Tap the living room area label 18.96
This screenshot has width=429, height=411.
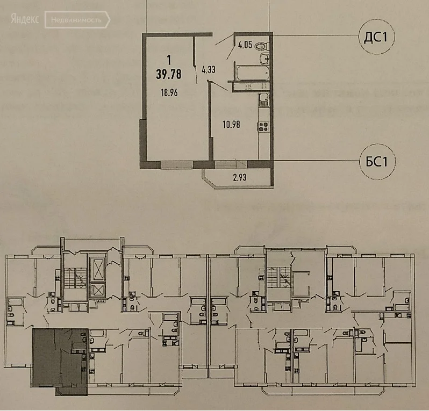click(169, 92)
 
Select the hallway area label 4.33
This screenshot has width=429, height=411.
click(209, 69)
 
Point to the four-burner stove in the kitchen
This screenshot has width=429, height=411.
click(263, 127)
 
